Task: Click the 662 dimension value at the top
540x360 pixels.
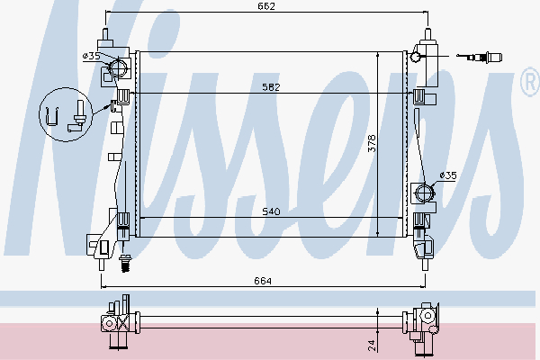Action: pyautogui.click(x=266, y=6)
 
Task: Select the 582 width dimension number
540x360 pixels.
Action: pyautogui.click(x=271, y=87)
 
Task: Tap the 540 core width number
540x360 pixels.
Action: pyautogui.click(x=271, y=211)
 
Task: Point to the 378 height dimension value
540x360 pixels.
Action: pyautogui.click(x=372, y=143)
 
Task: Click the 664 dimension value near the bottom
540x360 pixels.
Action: pyautogui.click(x=263, y=281)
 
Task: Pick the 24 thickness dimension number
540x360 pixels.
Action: pyautogui.click(x=372, y=346)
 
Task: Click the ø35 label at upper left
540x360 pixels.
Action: pyautogui.click(x=91, y=56)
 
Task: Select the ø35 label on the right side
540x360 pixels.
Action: pyautogui.click(x=448, y=175)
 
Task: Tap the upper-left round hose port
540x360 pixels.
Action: pyautogui.click(x=118, y=67)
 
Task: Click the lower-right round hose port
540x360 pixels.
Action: pyautogui.click(x=425, y=193)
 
